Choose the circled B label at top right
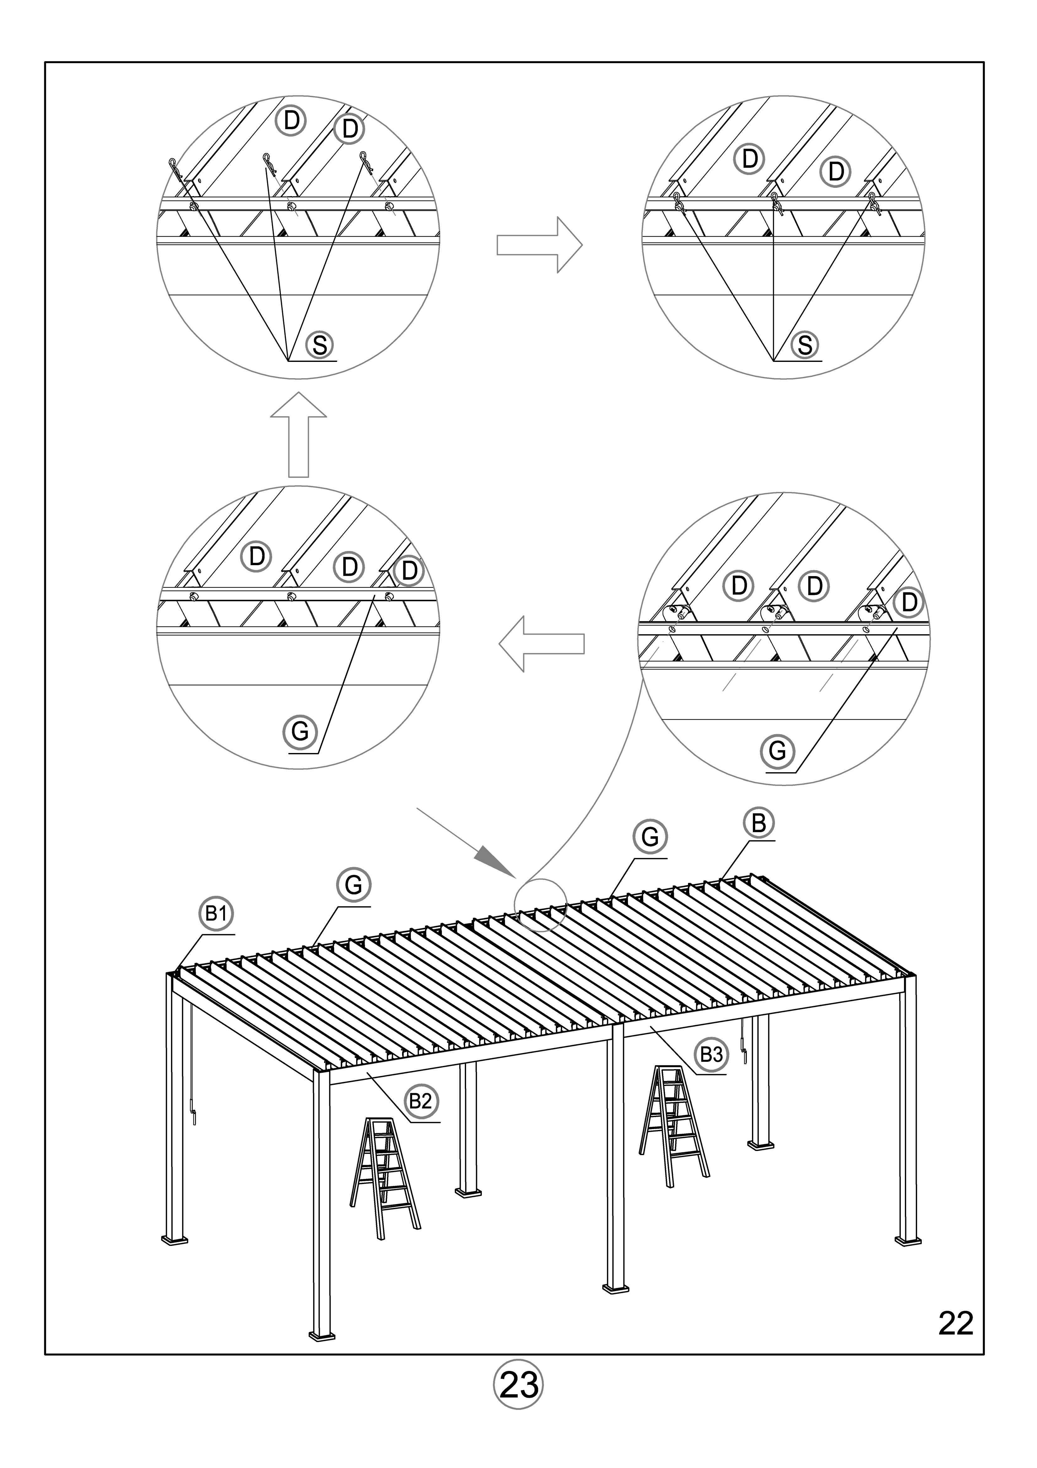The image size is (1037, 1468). [x=758, y=823]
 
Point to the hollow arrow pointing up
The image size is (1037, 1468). [x=298, y=435]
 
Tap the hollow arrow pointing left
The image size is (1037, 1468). [x=541, y=644]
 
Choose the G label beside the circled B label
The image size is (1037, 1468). [x=650, y=836]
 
